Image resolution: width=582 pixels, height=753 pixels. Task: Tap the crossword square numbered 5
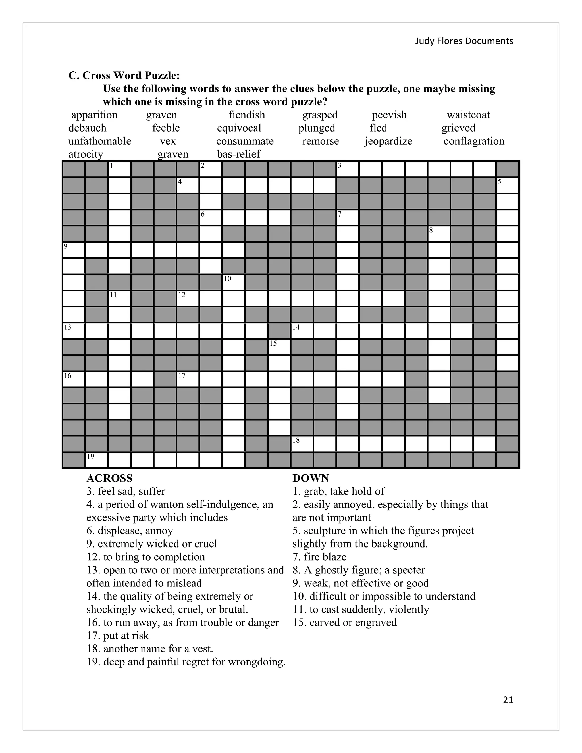tap(508, 186)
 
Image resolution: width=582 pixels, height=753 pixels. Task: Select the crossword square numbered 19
tap(97, 460)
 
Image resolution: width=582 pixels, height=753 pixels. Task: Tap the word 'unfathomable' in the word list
tap(100, 141)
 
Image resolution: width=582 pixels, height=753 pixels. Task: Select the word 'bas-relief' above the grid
tap(239, 154)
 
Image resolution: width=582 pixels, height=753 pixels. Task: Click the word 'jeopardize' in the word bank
tap(388, 141)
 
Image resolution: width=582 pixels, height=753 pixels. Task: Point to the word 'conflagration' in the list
tap(474, 141)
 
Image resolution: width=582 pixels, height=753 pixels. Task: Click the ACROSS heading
tap(109, 478)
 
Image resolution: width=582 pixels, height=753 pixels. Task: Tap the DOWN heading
tap(310, 478)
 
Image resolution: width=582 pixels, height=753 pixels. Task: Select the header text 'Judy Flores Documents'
tap(464, 41)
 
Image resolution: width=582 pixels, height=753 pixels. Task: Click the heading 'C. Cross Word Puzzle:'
tap(124, 76)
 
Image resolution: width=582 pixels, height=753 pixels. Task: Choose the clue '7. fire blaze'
tap(319, 557)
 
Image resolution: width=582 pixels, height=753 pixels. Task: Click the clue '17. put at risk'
tap(118, 635)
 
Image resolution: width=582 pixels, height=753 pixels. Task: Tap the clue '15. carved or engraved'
tap(344, 622)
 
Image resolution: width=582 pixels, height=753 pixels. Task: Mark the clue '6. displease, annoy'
tap(130, 531)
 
